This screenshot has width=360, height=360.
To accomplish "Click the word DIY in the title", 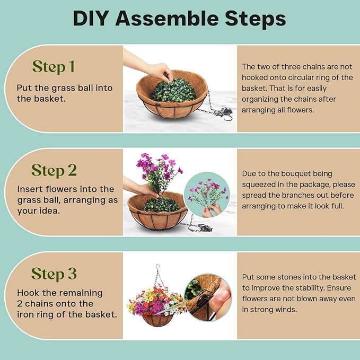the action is coord(91,19).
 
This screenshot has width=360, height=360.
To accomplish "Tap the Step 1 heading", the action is coord(54,67).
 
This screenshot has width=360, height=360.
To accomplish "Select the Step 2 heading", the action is coord(54,170).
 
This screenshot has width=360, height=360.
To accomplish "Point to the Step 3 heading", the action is coord(54,274).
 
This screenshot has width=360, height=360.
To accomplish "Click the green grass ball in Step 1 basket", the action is coord(174,91).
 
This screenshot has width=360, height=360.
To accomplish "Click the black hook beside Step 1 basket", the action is coord(228,118).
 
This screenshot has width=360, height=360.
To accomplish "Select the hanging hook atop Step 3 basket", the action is coord(157,267).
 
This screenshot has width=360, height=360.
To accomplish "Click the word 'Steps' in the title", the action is coord(256,19).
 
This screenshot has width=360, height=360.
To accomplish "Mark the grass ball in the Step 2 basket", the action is coord(161,204).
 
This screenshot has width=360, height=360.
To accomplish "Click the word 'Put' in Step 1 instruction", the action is coord(24,88).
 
